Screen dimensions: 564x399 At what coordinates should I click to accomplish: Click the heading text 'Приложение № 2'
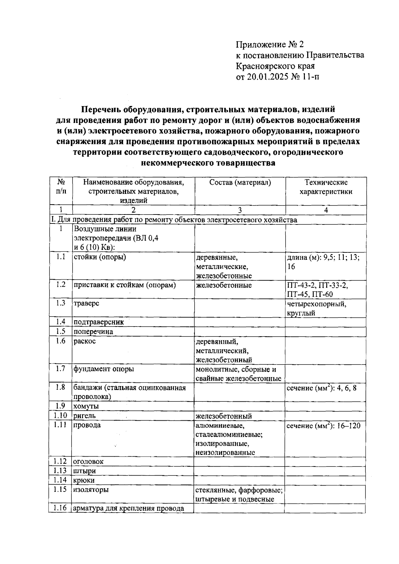coord(270,45)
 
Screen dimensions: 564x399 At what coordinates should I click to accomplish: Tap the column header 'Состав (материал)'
coord(240,182)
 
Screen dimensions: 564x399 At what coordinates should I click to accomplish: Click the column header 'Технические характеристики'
coord(326,187)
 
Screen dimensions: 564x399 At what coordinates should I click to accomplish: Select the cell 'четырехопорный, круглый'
coord(316,308)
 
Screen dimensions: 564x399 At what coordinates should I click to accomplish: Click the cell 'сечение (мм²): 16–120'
coord(323,426)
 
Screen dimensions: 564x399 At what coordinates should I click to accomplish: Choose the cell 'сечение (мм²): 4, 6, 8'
coord(321,388)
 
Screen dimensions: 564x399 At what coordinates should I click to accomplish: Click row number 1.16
coord(60,508)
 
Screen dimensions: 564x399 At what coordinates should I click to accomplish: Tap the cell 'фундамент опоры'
coord(104,369)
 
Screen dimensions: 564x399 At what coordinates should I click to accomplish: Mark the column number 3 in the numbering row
coord(240,210)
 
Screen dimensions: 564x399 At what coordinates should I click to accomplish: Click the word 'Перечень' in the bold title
coord(101,109)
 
